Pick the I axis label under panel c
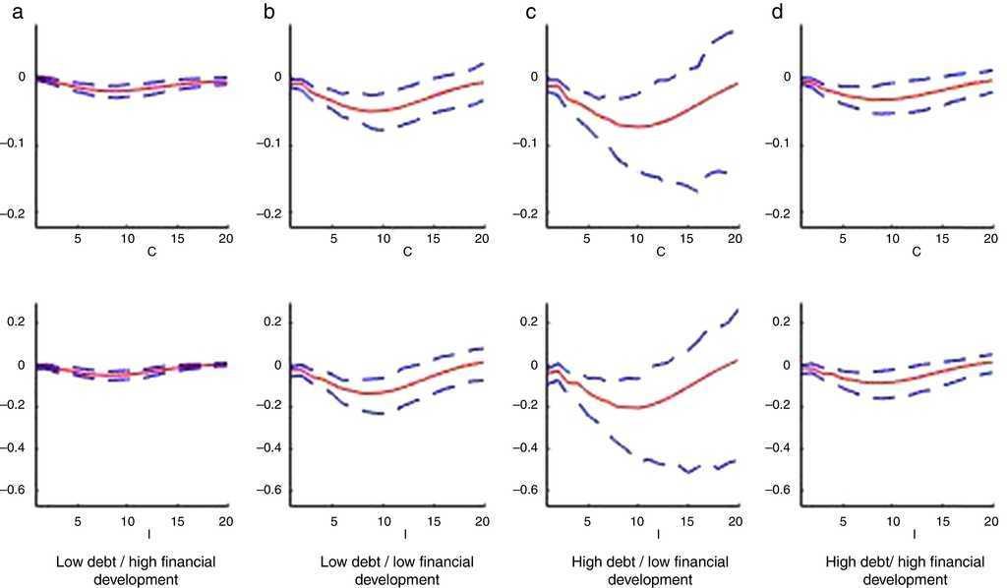click(x=660, y=534)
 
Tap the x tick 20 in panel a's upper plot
click(x=224, y=239)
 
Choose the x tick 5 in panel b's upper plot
click(x=334, y=239)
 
